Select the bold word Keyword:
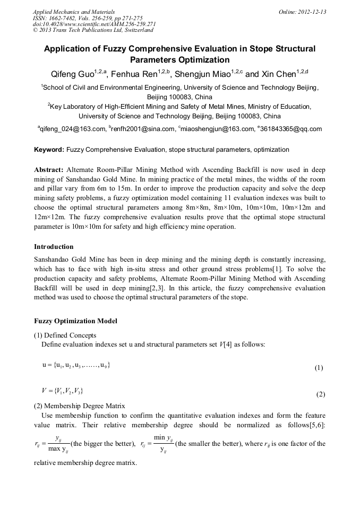(49, 150)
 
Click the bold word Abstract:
(49, 170)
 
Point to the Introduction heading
(54, 247)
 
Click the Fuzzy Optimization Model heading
(75, 321)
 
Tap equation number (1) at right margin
(319, 367)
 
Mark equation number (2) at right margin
(320, 394)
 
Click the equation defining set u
(76, 365)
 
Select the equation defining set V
(62, 391)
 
